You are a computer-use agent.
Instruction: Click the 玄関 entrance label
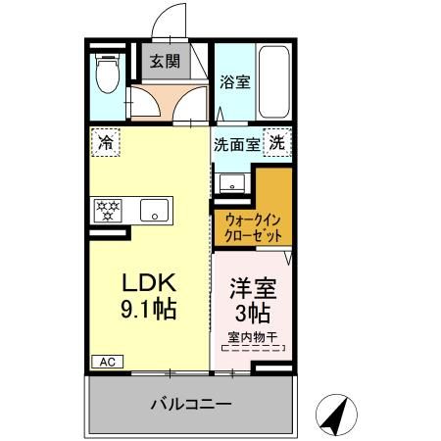[x=164, y=61]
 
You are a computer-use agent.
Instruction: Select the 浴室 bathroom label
[x=234, y=82]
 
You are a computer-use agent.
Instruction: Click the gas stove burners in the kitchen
[x=107, y=210]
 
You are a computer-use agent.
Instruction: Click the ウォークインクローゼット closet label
[x=253, y=228]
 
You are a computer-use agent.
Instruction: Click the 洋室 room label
[x=252, y=289]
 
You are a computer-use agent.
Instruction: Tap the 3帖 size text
[x=252, y=315]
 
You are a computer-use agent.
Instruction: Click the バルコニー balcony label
[x=191, y=404]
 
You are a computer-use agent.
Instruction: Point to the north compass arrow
[x=338, y=416]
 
